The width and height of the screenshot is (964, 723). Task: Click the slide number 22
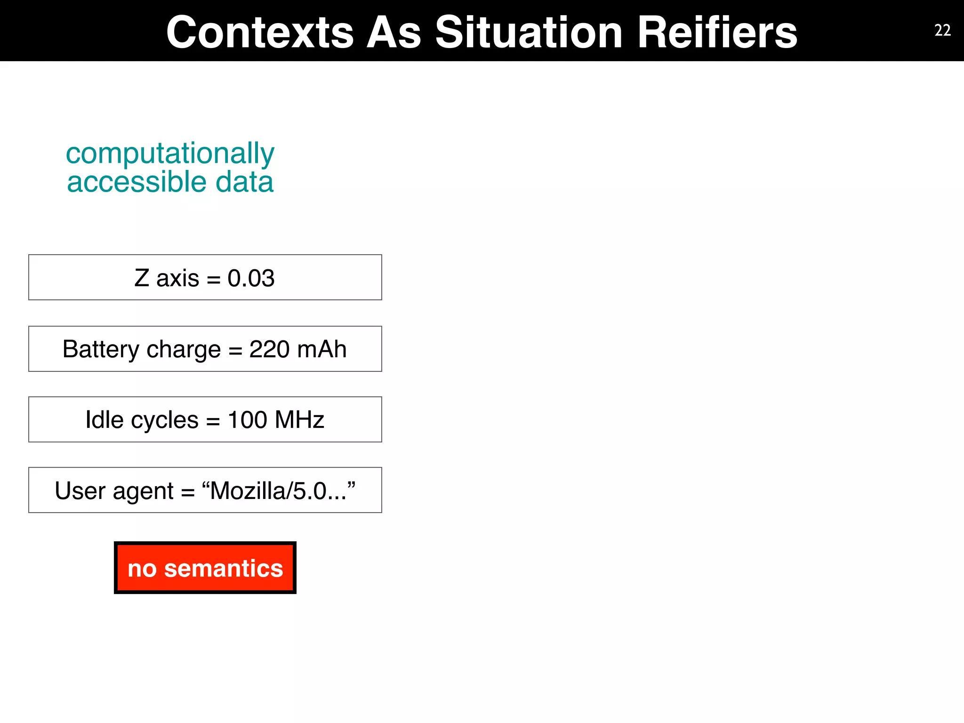(942, 31)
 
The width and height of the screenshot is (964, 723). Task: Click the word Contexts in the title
(260, 33)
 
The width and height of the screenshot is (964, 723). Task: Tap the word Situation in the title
(529, 33)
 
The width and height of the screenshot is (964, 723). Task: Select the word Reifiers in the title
(717, 33)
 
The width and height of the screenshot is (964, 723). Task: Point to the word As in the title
(394, 33)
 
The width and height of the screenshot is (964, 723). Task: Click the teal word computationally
(170, 153)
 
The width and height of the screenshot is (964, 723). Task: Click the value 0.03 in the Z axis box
(251, 278)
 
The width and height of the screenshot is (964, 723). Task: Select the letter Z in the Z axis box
(142, 278)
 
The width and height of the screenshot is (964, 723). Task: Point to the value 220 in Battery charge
(269, 349)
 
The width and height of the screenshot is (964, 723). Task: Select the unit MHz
(299, 420)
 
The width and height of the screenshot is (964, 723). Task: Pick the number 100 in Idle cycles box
(248, 420)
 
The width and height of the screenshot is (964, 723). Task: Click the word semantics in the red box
(224, 569)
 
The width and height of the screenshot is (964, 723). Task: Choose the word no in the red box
(142, 569)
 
